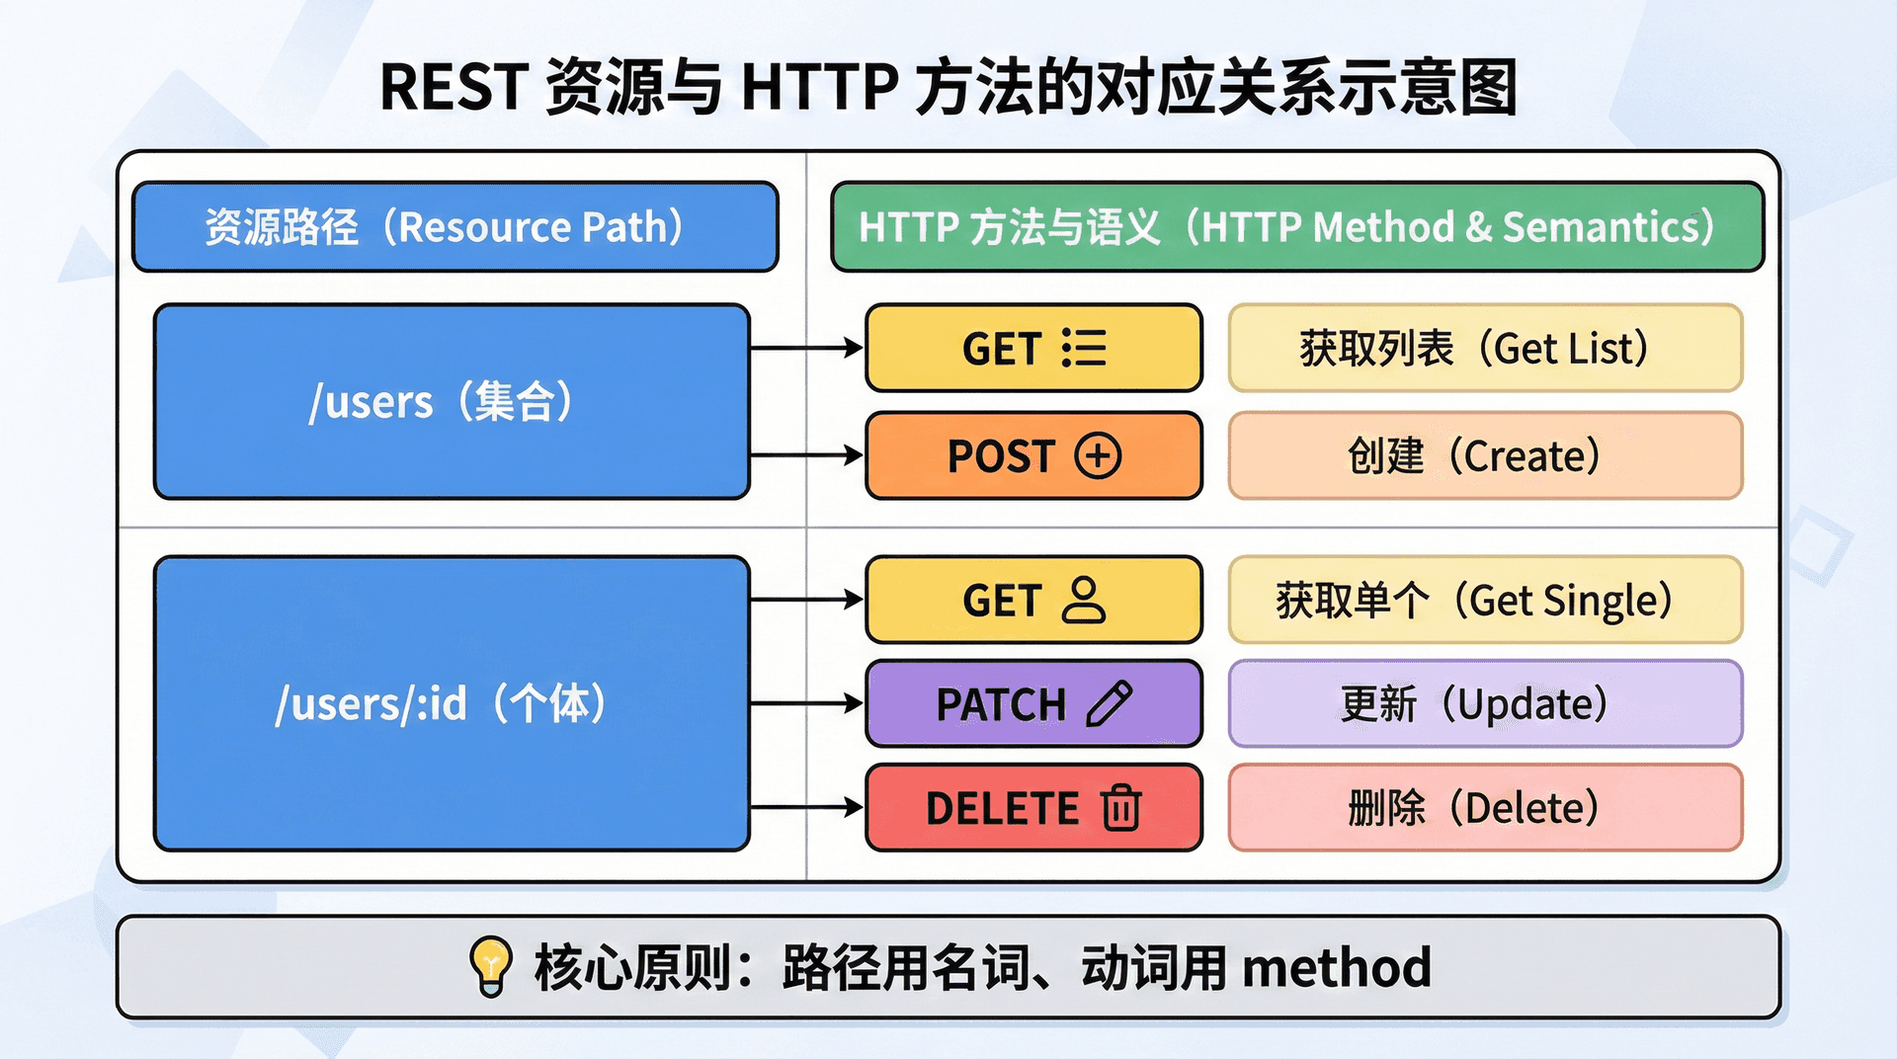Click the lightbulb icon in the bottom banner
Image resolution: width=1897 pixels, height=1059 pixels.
click(x=490, y=965)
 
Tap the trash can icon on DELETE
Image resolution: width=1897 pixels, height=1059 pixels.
click(x=1121, y=807)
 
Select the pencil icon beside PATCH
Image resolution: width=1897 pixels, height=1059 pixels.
click(x=1109, y=703)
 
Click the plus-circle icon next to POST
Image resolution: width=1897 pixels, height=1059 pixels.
click(x=1098, y=455)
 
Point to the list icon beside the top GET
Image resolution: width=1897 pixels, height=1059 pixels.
click(x=1084, y=348)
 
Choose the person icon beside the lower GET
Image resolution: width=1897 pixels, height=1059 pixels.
click(x=1084, y=600)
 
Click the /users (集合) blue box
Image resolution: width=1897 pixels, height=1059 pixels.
click(x=452, y=401)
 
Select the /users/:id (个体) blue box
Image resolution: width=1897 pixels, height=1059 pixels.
click(x=452, y=702)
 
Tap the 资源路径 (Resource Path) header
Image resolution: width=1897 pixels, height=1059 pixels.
click(x=454, y=226)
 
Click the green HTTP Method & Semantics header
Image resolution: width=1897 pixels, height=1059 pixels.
click(x=1296, y=226)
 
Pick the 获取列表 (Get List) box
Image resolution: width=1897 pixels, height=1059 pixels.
click(x=1484, y=348)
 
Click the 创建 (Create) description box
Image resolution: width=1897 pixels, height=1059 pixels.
click(x=1484, y=455)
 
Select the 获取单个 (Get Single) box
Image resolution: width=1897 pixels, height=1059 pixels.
click(x=1484, y=600)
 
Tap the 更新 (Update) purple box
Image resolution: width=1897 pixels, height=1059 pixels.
click(x=1484, y=703)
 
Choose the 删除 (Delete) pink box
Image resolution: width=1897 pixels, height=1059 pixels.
click(x=1484, y=807)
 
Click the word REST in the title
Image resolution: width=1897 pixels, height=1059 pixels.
click(x=453, y=87)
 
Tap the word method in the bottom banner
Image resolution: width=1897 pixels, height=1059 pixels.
click(x=1336, y=967)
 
